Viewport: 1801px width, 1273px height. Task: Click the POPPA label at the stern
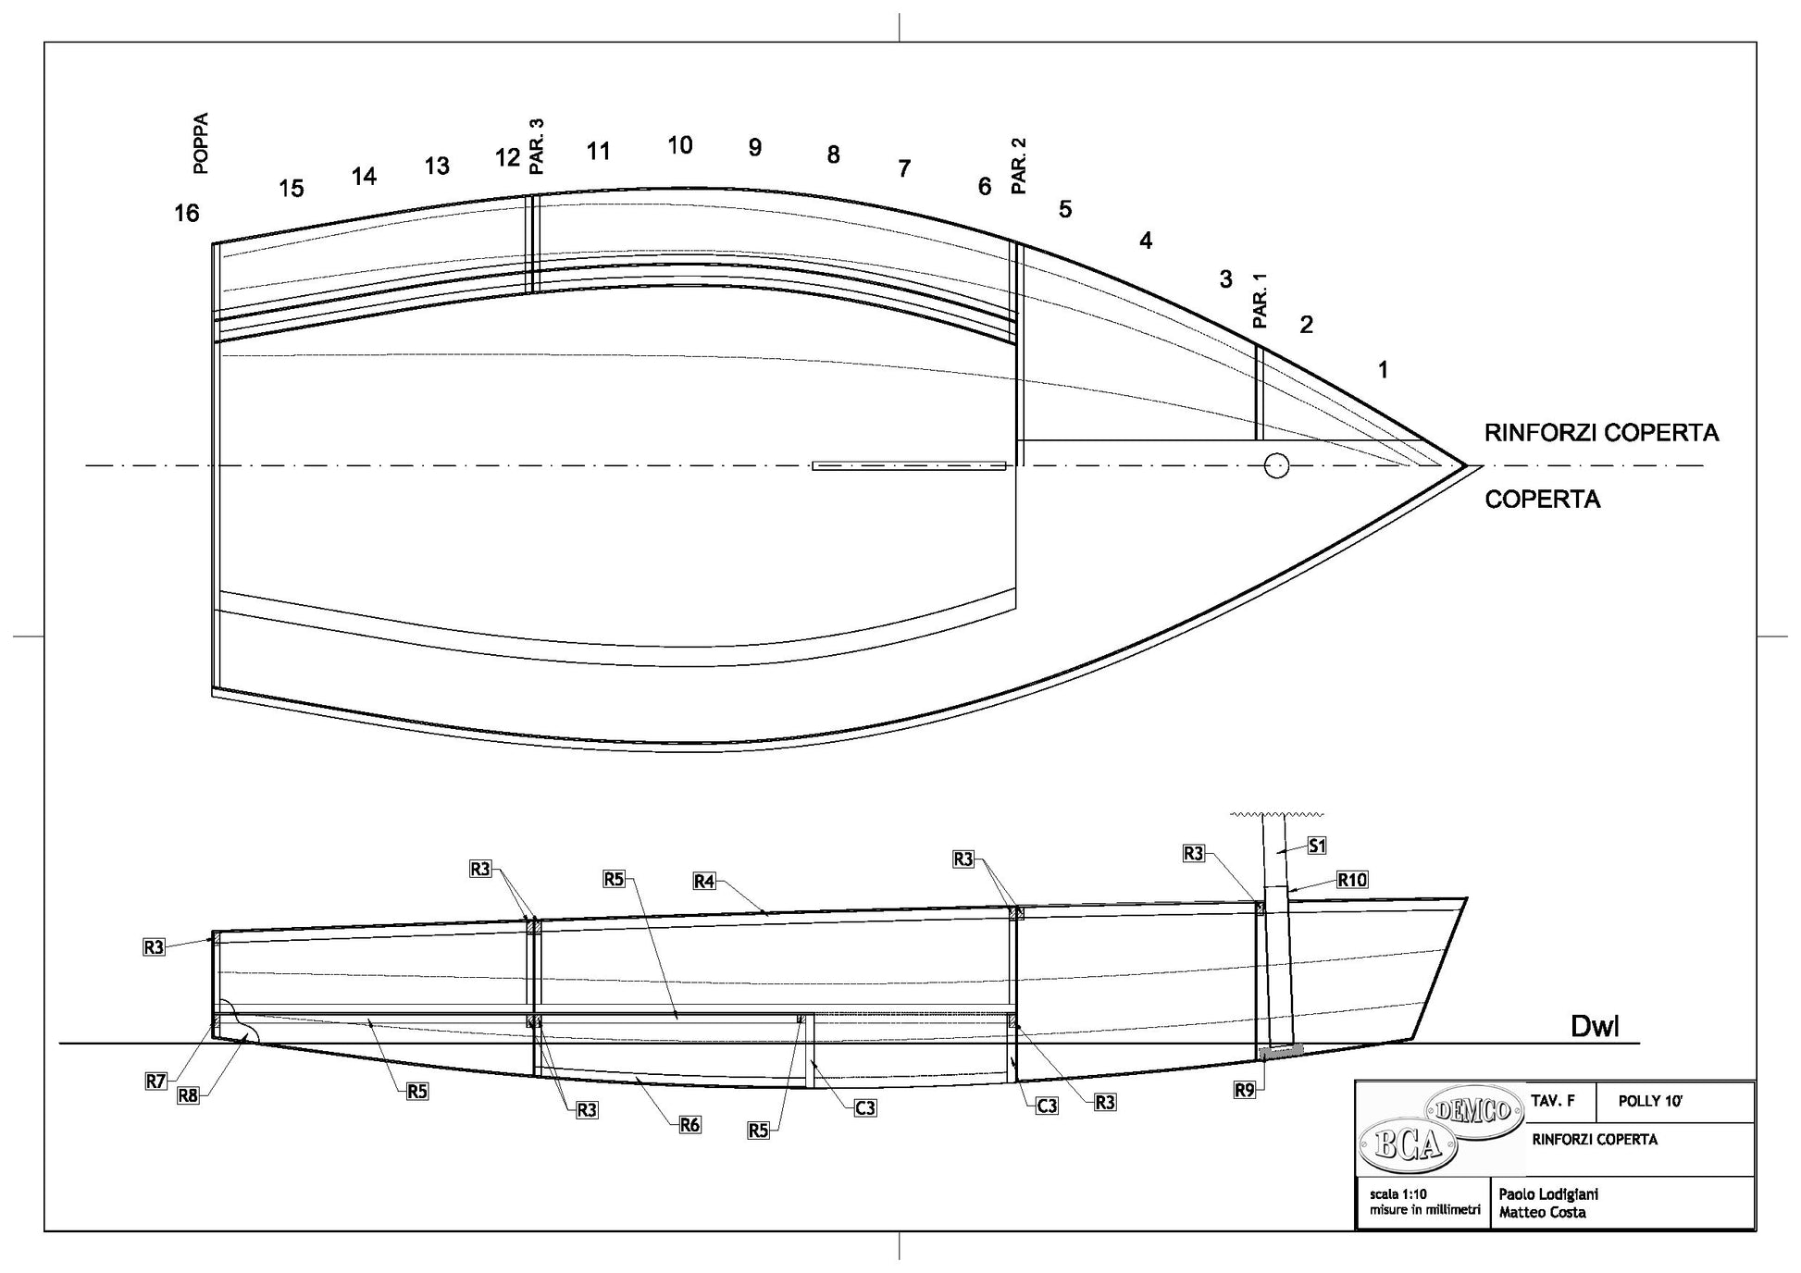[x=201, y=143]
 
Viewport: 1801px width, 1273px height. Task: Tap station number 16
[x=187, y=214]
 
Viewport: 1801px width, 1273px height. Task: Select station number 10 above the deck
[x=679, y=145]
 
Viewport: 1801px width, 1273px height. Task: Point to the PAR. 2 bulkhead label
[x=1019, y=166]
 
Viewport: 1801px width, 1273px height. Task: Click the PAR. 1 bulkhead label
[x=1260, y=301]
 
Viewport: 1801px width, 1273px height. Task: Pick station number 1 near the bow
[x=1383, y=370]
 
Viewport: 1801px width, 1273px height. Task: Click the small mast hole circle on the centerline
[x=1276, y=465]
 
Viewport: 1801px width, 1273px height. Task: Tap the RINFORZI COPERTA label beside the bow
[x=1601, y=433]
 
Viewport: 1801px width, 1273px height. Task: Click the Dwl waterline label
[x=1595, y=1027]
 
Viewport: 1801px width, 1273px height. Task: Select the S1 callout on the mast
[x=1317, y=846]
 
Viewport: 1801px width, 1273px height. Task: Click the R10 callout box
[x=1352, y=880]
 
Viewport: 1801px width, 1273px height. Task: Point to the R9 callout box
[x=1245, y=1091]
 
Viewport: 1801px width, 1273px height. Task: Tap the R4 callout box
[x=704, y=882]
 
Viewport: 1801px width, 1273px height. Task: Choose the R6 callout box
[x=689, y=1125]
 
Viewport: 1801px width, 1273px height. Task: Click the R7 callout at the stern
[x=155, y=1081]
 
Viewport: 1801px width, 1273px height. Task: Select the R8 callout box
[x=188, y=1096]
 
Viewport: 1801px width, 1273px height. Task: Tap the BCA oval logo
[x=1408, y=1147]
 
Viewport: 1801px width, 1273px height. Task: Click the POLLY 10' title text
[x=1650, y=1101]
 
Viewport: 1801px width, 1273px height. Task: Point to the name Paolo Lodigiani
[x=1548, y=1194]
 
